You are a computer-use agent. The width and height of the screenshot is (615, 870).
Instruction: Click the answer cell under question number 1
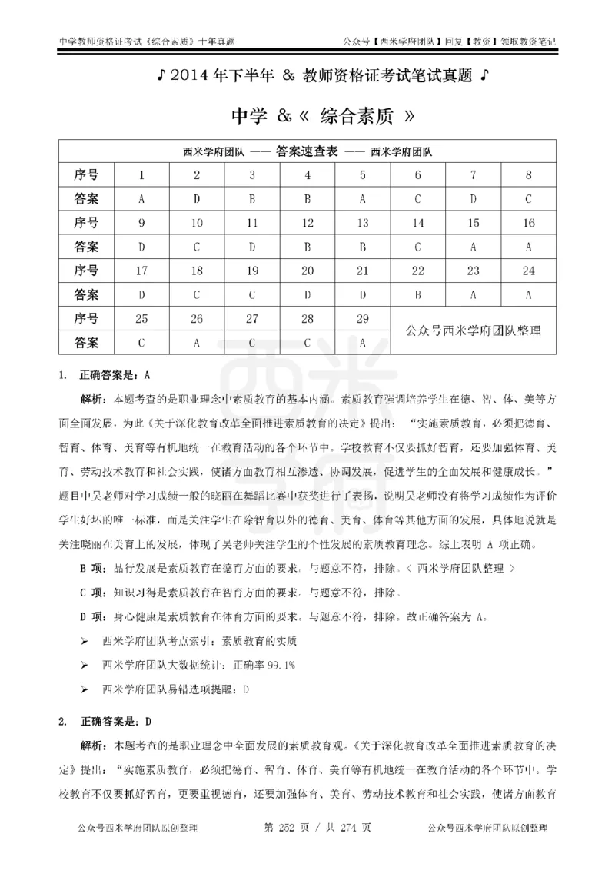(x=141, y=198)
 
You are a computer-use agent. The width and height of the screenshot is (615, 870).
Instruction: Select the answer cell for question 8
(x=529, y=198)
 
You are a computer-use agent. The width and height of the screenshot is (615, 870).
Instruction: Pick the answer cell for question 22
(x=418, y=293)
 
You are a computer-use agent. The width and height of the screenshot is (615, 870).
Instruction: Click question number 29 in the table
(x=363, y=317)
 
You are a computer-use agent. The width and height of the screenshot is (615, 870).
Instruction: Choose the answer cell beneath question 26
(x=197, y=341)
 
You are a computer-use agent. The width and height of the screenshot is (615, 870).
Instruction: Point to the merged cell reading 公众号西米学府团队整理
(x=474, y=330)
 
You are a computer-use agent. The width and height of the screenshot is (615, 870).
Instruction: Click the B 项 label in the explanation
(x=94, y=569)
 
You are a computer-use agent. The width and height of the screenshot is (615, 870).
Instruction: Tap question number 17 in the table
(x=141, y=270)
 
